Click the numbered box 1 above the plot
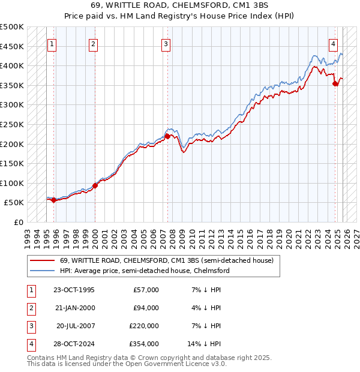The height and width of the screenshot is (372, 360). (x=52, y=43)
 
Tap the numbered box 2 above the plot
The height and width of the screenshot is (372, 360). (x=94, y=43)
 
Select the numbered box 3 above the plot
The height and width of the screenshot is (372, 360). (x=166, y=43)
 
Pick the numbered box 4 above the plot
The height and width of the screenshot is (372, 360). (x=333, y=43)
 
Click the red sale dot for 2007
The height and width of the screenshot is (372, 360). (x=167, y=136)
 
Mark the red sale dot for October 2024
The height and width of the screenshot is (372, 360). (x=335, y=84)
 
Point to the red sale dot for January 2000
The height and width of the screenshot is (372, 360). (x=95, y=185)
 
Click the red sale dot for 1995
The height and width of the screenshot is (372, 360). (x=53, y=200)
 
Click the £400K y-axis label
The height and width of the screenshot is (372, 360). (x=12, y=65)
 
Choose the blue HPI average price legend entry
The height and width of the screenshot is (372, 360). (x=145, y=271)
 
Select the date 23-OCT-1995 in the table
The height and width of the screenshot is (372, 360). (x=74, y=290)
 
